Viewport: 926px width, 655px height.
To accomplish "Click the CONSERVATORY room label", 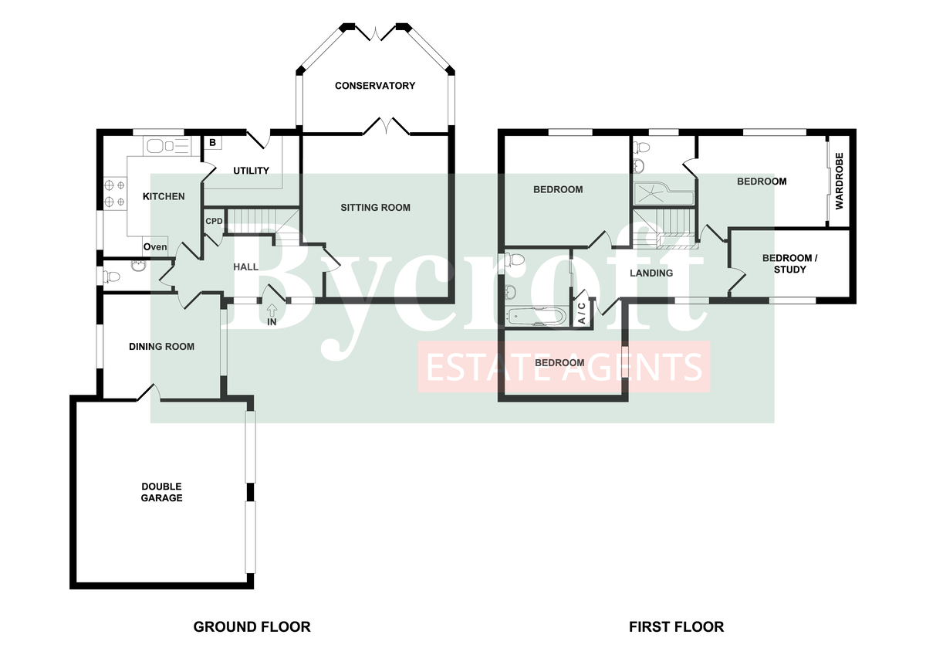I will (x=375, y=86).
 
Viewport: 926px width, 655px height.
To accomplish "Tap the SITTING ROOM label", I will (x=376, y=207).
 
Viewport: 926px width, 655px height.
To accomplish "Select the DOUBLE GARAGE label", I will (x=161, y=492).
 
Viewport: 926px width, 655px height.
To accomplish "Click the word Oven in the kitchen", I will (x=155, y=247).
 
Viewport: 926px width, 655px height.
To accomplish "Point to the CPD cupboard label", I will (x=214, y=221).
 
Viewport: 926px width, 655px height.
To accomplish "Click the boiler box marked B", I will (x=212, y=143).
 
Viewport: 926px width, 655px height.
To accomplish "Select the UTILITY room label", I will (x=251, y=171).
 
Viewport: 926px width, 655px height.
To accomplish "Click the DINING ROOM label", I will (x=161, y=347).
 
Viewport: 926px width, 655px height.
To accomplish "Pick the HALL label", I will (x=246, y=267).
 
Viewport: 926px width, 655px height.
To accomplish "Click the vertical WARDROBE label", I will (x=840, y=182).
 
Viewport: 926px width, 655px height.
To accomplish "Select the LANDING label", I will (x=651, y=273).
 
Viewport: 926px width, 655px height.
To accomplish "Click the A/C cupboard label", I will (x=582, y=313).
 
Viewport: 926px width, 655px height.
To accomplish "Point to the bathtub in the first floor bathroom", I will (x=537, y=315).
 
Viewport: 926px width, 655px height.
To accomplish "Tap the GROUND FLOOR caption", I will (x=252, y=626).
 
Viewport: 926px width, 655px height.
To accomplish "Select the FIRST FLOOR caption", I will (x=677, y=626).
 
